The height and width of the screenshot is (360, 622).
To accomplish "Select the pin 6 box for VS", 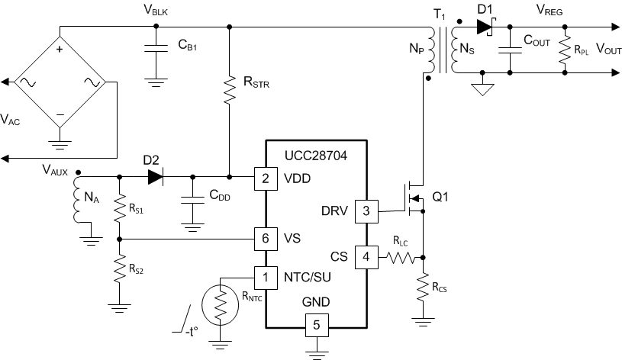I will coord(265,238).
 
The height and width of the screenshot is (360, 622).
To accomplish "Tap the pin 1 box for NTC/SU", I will coord(265,275).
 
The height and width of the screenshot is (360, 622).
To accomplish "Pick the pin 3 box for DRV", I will coord(366,212).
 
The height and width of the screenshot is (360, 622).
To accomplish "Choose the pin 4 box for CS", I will coord(366,257).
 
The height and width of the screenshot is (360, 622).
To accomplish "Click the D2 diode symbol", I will coord(155,178).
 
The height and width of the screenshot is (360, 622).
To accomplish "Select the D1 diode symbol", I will coord(483,27).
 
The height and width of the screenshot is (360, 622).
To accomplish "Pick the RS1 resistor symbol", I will coord(120,207).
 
